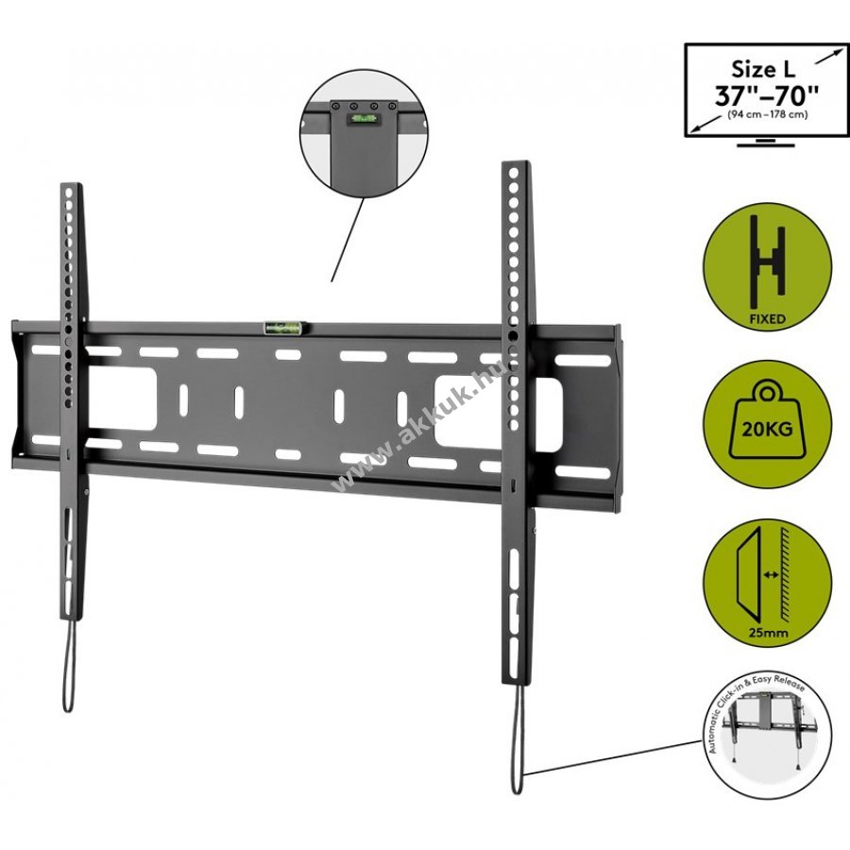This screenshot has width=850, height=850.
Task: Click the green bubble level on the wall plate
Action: (284, 327)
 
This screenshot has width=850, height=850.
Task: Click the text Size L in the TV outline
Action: (763, 69)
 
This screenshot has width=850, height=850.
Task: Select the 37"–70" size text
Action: (766, 96)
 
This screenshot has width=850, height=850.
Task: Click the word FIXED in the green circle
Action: (767, 319)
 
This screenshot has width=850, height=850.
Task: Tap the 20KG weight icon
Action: (767, 424)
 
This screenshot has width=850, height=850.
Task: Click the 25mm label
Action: (768, 632)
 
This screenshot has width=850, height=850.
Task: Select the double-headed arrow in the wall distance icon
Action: (770, 574)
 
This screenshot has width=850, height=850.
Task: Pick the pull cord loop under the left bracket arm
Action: (69, 665)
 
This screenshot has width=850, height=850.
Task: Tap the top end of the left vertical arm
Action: (72, 184)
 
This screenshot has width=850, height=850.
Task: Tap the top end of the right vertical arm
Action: (515, 162)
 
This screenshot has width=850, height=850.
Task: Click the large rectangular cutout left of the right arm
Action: (470, 413)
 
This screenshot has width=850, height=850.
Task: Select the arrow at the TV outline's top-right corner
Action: (830, 56)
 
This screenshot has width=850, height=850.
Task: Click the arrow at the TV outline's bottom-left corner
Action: (705, 127)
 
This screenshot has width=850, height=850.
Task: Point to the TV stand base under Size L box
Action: (766, 143)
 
